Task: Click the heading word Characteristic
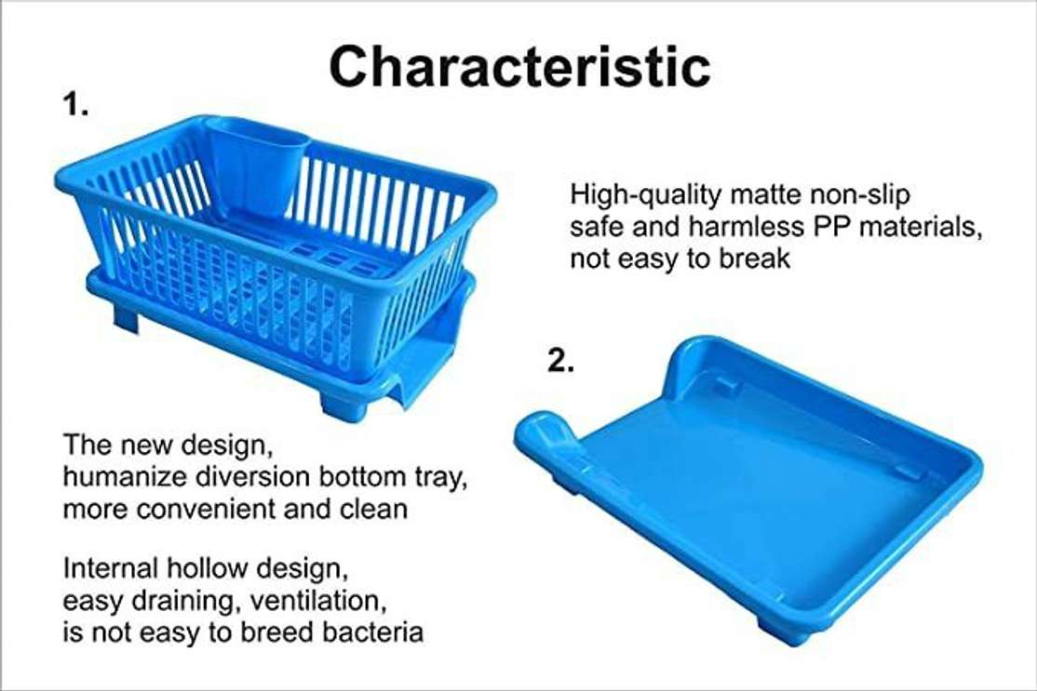click(519, 67)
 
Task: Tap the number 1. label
click(75, 104)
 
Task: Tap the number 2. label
click(559, 362)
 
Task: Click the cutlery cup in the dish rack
click(255, 167)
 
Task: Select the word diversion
click(249, 476)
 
